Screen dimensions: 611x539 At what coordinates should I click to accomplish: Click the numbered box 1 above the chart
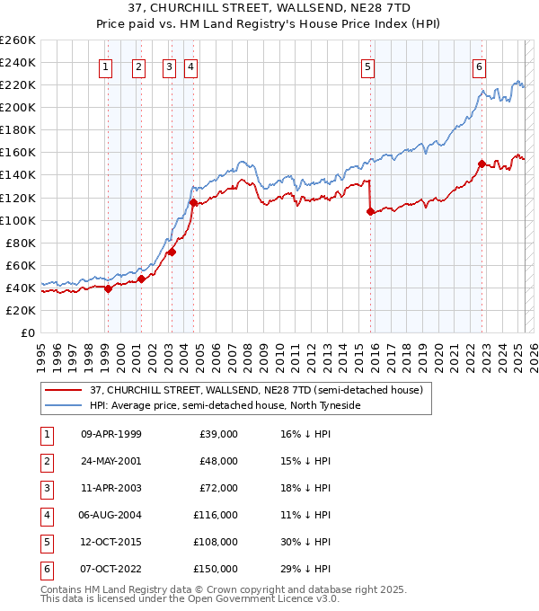(x=106, y=66)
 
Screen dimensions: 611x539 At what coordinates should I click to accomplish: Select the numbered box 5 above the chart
(x=368, y=66)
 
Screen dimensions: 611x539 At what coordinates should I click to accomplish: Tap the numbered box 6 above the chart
(x=480, y=66)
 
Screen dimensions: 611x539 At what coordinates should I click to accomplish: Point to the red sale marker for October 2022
(x=482, y=164)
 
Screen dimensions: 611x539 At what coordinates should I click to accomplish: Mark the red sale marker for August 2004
(x=193, y=202)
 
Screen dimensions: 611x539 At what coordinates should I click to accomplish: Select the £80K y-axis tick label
(x=21, y=243)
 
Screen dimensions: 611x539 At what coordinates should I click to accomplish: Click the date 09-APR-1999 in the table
(x=110, y=434)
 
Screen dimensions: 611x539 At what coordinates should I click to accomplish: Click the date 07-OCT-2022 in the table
(x=110, y=569)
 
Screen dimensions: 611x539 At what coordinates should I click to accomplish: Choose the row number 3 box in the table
(x=44, y=488)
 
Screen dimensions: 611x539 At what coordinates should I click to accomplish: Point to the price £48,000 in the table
(x=216, y=461)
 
